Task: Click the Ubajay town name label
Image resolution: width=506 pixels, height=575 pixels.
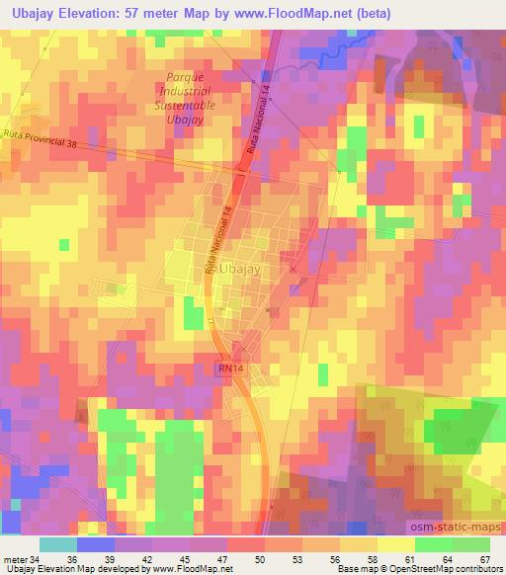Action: click(238, 269)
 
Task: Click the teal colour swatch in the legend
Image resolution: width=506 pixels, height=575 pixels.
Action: click(58, 543)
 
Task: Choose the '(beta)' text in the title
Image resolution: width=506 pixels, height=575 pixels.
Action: click(371, 14)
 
